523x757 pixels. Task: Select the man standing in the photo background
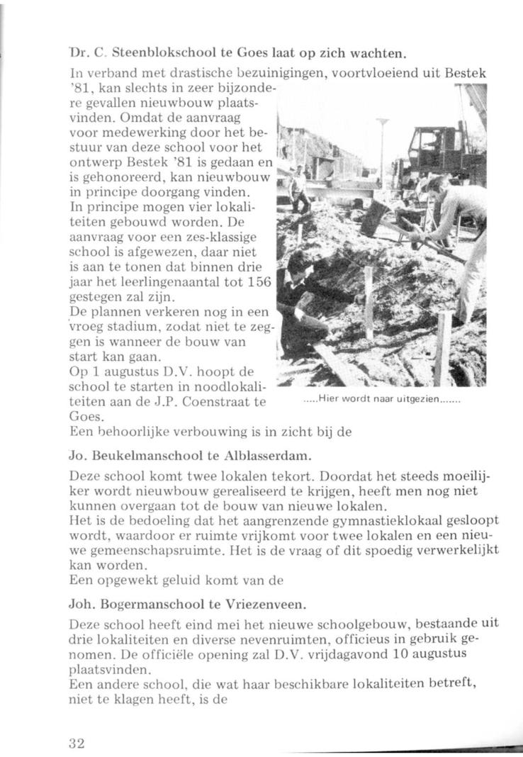[x=299, y=188]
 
